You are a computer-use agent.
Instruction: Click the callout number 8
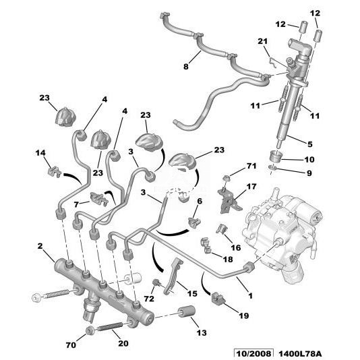tap(186, 67)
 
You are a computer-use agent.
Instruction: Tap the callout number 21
tap(263, 41)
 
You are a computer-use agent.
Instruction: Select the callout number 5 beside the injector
tap(310, 144)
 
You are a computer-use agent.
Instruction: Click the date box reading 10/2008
tap(253, 354)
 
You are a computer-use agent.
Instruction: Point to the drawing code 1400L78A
tap(300, 354)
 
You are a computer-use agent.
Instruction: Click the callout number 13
tap(202, 332)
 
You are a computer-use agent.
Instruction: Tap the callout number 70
tap(71, 345)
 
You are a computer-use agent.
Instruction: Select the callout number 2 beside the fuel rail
tap(40, 246)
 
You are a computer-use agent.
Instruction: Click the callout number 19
tap(244, 316)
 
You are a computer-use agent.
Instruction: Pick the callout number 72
tap(149, 299)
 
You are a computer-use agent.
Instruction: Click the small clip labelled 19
tap(218, 299)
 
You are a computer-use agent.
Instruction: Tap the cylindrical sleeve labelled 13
tap(187, 311)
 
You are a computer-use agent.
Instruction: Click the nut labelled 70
tap(89, 330)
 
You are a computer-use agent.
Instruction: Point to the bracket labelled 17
tap(228, 200)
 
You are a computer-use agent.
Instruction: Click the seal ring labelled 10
tap(275, 156)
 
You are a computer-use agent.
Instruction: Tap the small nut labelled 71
tap(226, 177)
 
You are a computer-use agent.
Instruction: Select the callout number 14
tap(40, 152)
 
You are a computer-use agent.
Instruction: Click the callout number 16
tap(235, 247)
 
